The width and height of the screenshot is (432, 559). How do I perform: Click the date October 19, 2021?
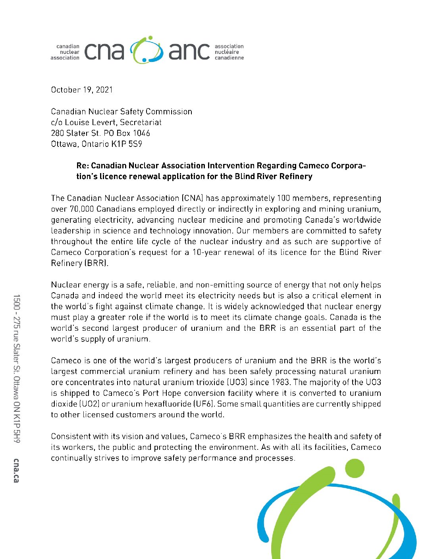[82, 90]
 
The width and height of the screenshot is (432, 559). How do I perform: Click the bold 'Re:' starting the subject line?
[83, 166]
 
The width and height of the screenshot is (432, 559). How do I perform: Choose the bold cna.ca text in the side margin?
[16, 470]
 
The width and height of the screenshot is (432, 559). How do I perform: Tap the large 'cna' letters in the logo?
[104, 51]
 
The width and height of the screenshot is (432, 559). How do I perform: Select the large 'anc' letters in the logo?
[189, 51]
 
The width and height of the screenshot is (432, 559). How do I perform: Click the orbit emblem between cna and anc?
[147, 50]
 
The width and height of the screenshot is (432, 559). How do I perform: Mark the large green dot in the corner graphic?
[354, 468]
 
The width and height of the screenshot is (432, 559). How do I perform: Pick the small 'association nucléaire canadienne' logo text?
[229, 52]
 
